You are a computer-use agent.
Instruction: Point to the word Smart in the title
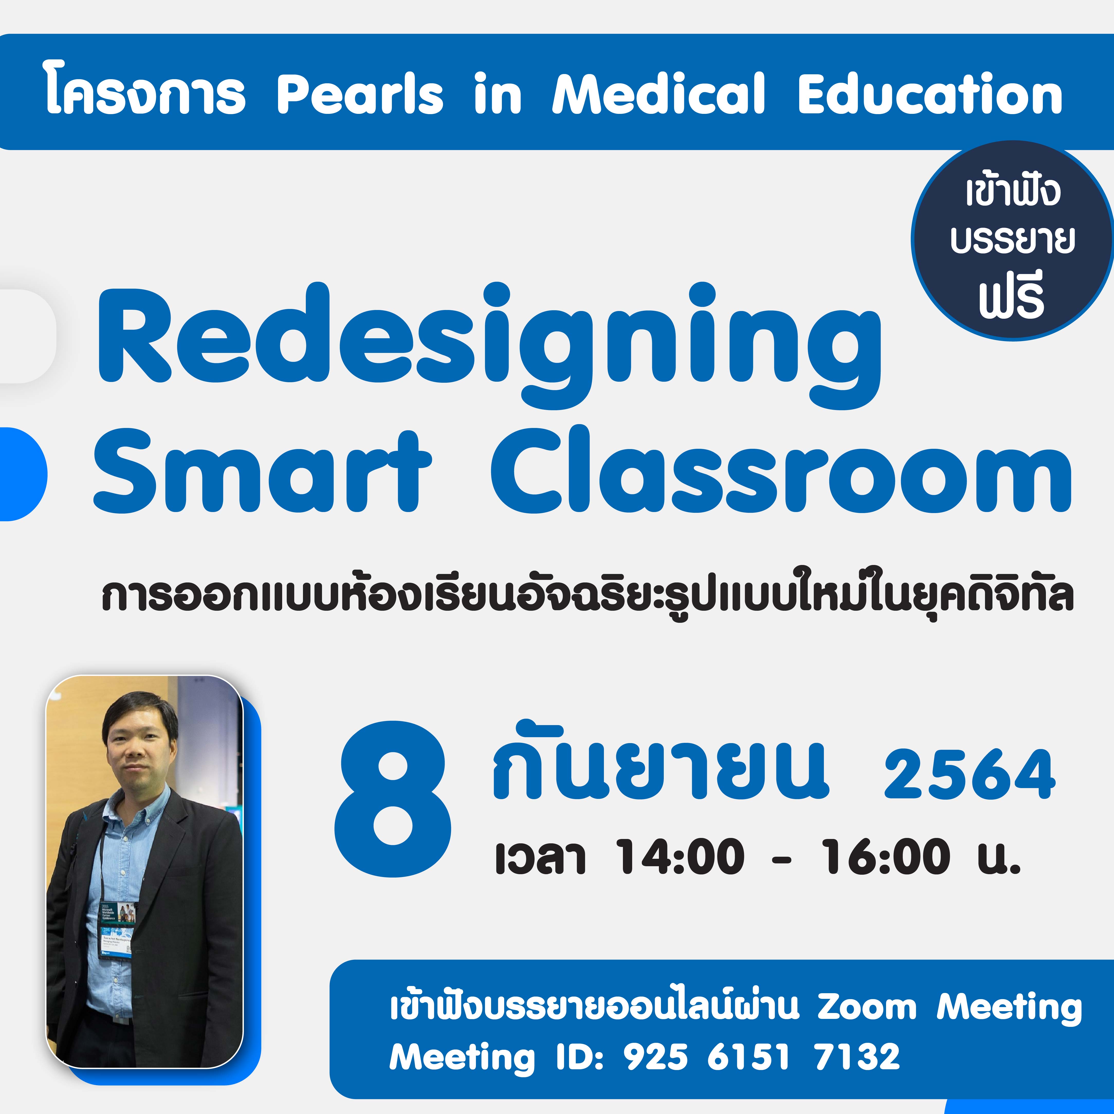coord(262,471)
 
